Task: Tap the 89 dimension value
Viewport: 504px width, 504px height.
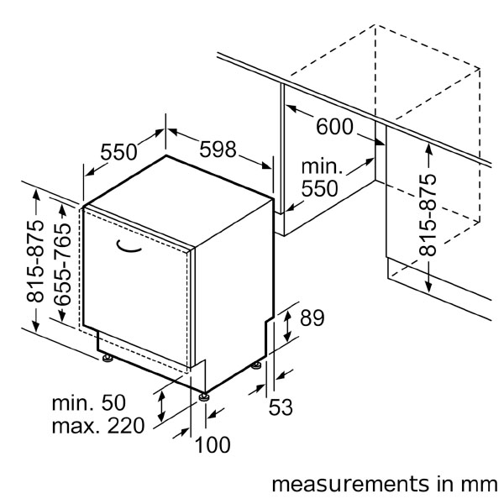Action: (312, 319)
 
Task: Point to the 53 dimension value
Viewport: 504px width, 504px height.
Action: (281, 407)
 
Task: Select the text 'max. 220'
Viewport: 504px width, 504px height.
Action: (97, 425)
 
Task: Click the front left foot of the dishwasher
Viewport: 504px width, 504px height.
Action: (107, 360)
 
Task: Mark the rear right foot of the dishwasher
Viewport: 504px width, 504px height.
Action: (257, 366)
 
